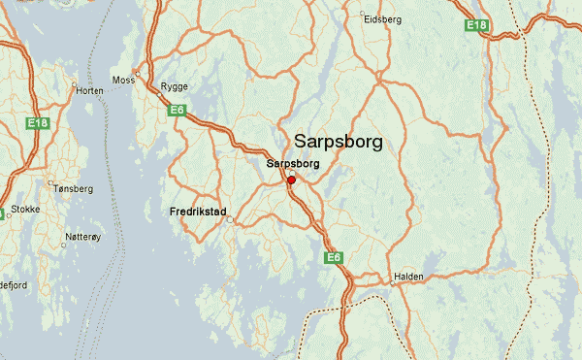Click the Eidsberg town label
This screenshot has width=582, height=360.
click(x=381, y=18)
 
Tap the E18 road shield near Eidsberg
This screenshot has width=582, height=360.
click(x=475, y=24)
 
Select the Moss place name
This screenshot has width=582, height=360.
click(x=123, y=80)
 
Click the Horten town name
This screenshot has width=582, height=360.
click(x=88, y=90)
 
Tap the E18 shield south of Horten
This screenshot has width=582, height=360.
click(x=38, y=123)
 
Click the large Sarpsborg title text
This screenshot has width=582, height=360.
click(x=338, y=142)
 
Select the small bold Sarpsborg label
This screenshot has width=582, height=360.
click(x=292, y=164)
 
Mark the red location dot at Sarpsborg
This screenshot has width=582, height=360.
click(x=291, y=180)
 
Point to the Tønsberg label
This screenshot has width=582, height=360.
click(x=74, y=188)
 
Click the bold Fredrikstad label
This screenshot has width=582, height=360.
click(x=198, y=211)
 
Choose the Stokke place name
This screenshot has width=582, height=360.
click(x=25, y=208)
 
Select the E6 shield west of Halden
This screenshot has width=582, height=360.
click(x=334, y=257)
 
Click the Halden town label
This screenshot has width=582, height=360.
click(x=408, y=277)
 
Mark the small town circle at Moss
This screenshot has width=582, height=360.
click(x=139, y=74)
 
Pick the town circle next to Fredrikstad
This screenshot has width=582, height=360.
click(x=230, y=220)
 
